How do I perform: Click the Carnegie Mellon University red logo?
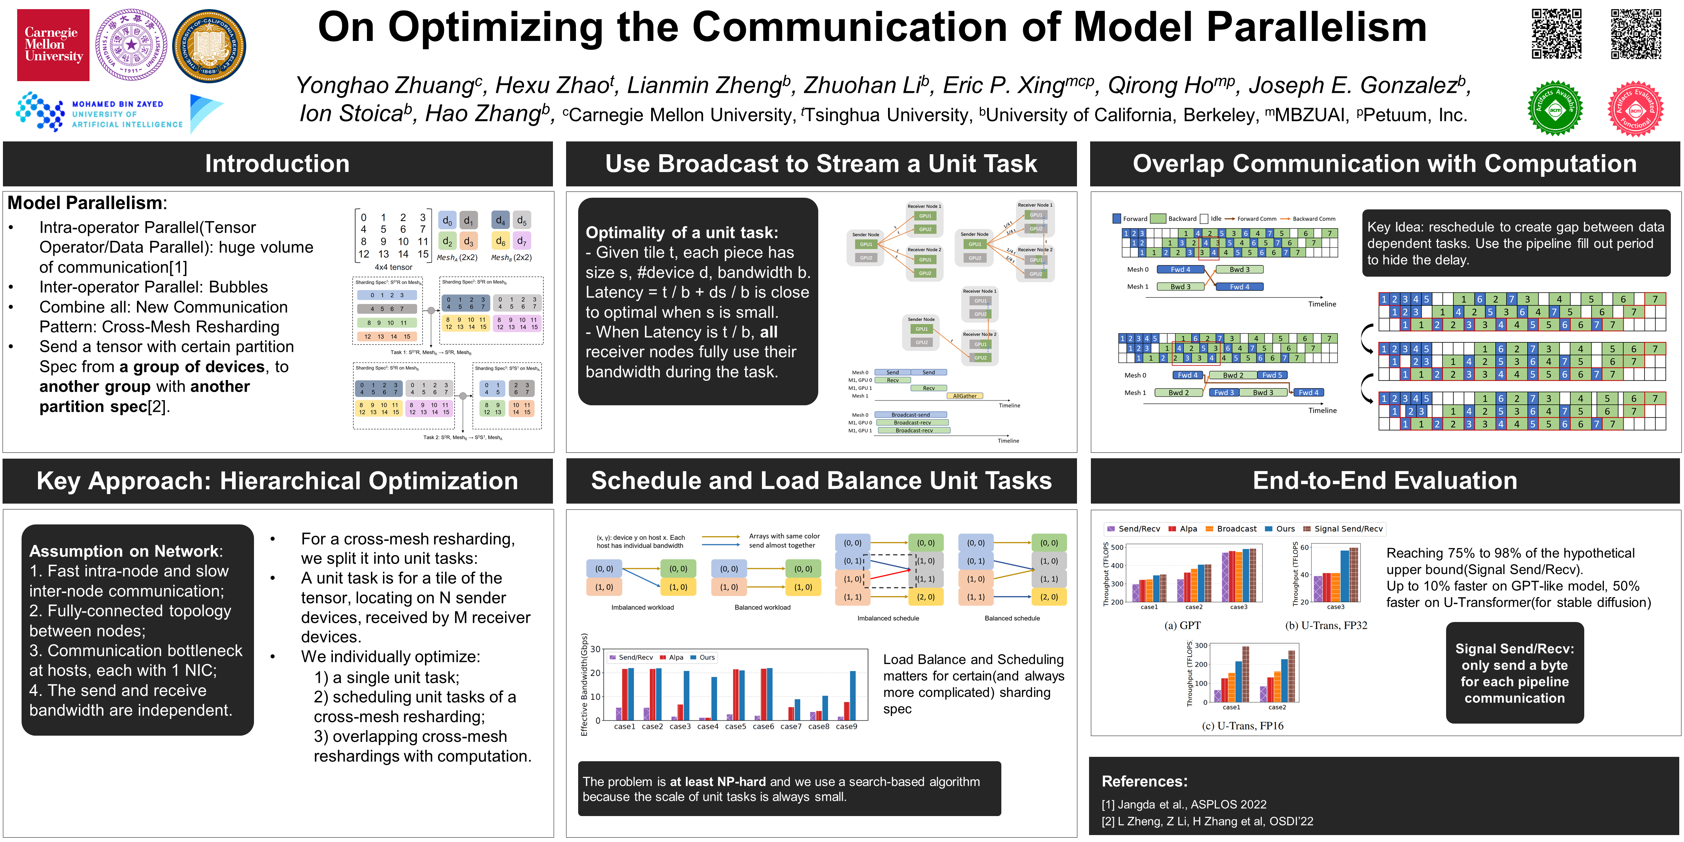[53, 45]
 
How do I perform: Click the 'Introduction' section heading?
[277, 163]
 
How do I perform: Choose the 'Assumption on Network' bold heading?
[124, 551]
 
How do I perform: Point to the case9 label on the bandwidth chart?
[847, 726]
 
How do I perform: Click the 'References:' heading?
[1144, 781]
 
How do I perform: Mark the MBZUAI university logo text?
[127, 114]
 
